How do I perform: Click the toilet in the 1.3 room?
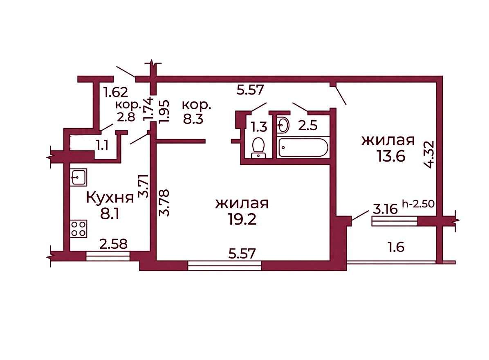pos(258,148)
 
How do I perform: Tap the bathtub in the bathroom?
pos(303,148)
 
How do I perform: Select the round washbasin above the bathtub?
pos(283,125)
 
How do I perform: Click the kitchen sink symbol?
pos(78,177)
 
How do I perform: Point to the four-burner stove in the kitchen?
pos(79,229)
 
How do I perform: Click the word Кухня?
pos(110,198)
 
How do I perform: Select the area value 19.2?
pos(242,219)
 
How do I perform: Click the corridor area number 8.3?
pos(193,119)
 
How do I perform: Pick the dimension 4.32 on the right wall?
pos(430,155)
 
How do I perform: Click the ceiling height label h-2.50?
pos(418,204)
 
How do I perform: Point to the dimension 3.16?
pos(385,209)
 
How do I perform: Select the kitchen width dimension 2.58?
pos(113,244)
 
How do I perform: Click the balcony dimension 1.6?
pos(396,248)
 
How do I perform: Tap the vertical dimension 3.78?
pos(164,203)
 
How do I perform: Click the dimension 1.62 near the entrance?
pos(116,92)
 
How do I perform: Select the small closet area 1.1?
pos(102,145)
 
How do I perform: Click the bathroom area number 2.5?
pos(308,126)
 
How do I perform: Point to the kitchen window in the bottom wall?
pos(108,256)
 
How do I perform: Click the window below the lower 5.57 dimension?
pos(224,266)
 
